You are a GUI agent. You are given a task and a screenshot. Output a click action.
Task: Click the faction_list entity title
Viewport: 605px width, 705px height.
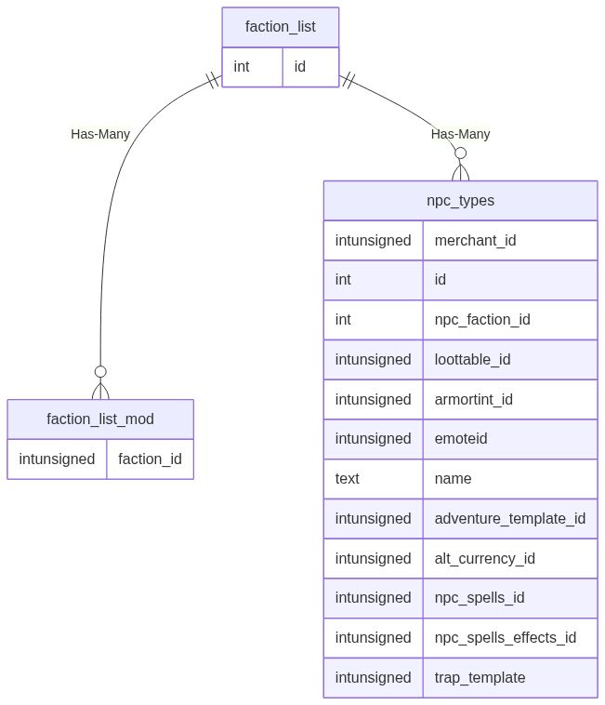[280, 27]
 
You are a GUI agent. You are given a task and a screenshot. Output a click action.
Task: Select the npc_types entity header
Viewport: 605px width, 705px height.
[460, 200]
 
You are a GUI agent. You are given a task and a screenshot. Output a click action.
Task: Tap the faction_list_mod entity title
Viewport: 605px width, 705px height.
[100, 419]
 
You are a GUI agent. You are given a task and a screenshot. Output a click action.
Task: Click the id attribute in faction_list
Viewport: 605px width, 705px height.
[300, 67]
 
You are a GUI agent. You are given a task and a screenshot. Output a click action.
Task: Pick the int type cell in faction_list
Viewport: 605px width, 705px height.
[242, 67]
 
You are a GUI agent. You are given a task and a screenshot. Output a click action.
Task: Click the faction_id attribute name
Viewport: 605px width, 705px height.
[150, 459]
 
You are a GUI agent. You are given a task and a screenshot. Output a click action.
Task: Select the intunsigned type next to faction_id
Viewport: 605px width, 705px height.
[57, 459]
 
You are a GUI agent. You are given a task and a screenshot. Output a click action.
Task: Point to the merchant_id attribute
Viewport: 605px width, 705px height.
[475, 240]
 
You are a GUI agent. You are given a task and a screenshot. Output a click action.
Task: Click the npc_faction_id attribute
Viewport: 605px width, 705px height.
[482, 320]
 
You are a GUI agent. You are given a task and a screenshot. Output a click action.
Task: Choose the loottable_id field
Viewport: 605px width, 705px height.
[472, 359]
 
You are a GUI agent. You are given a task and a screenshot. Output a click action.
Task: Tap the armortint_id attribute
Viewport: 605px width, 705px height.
[474, 399]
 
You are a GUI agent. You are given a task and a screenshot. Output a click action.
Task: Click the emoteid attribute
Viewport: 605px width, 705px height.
[462, 439]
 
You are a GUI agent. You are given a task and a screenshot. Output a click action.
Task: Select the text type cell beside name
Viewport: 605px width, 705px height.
[348, 479]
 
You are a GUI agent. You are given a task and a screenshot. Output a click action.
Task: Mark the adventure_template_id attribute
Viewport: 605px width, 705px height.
[509, 518]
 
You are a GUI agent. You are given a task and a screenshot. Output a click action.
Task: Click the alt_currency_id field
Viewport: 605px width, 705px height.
[484, 558]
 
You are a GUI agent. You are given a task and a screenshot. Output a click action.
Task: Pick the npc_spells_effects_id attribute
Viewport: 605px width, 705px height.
[505, 637]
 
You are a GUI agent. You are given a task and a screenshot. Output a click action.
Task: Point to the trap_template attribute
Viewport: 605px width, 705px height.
[480, 677]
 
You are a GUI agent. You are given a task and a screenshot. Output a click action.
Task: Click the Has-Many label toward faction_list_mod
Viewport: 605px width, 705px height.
[100, 134]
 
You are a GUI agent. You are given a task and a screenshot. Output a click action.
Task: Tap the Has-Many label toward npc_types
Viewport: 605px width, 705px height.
[460, 134]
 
